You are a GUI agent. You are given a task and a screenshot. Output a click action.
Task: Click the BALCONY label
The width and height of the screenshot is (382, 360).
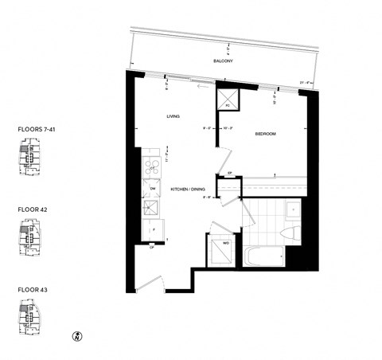221,61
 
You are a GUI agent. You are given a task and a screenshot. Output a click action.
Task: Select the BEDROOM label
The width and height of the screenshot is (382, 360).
265,134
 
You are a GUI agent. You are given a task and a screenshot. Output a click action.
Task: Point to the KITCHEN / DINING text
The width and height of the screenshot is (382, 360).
188,189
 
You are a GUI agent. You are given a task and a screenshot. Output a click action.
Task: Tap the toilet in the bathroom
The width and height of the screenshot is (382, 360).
290,233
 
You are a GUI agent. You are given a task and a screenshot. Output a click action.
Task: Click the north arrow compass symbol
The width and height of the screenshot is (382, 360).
78,335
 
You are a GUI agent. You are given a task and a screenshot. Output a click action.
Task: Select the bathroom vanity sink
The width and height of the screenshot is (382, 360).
291,209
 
